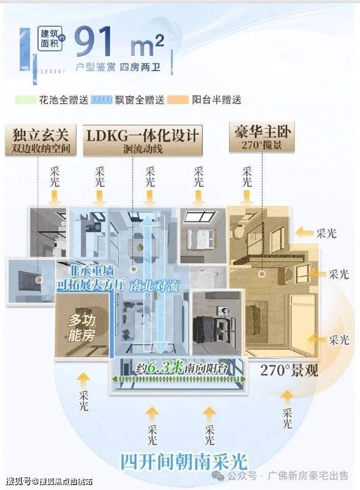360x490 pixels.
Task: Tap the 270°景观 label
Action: [x=289, y=371]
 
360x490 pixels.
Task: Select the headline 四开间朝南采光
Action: [x=184, y=461]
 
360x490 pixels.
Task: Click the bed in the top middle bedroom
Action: [x=200, y=237]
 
